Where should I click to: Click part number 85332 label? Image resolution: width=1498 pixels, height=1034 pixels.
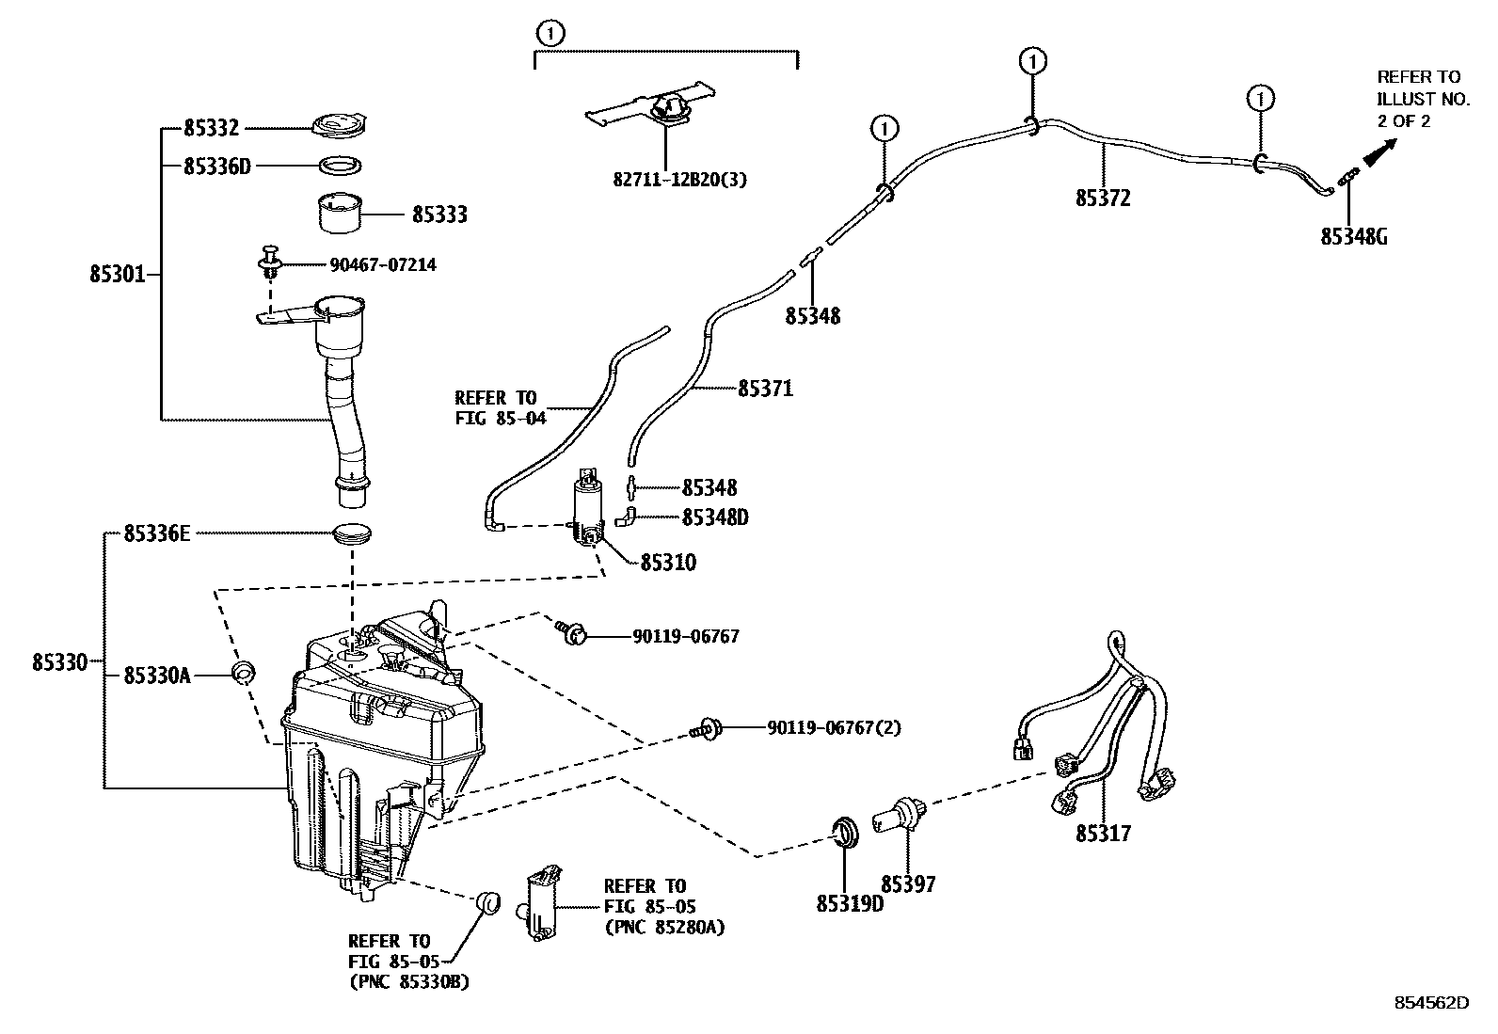(212, 128)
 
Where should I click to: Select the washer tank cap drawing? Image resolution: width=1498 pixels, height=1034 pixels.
(341, 126)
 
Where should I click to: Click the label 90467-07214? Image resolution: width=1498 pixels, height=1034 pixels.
(383, 265)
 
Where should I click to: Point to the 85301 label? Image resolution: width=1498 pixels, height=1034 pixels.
(118, 275)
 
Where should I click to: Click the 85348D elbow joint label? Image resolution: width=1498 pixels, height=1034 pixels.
(715, 517)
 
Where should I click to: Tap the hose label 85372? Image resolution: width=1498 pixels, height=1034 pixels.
(1103, 199)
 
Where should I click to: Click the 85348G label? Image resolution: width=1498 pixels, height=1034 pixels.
(1354, 236)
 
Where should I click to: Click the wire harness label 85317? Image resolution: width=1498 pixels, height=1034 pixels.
(1104, 834)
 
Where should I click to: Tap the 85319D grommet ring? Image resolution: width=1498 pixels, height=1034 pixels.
(848, 833)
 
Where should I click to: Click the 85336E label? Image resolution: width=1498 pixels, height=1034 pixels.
(157, 534)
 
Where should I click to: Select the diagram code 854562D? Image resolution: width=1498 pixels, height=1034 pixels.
(1430, 1003)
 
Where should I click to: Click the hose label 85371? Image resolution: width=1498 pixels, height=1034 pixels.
(765, 388)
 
